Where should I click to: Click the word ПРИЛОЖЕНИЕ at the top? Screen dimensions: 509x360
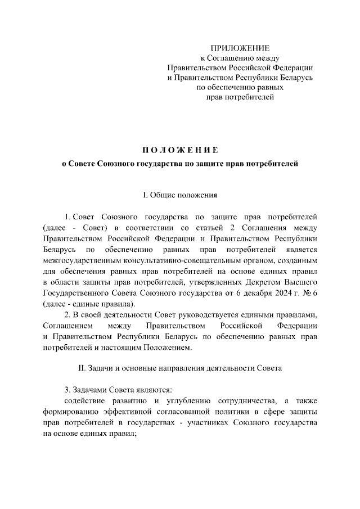(x=240, y=47)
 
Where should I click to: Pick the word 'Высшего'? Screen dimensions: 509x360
(x=301, y=281)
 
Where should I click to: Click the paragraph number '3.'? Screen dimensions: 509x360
(x=67, y=389)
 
